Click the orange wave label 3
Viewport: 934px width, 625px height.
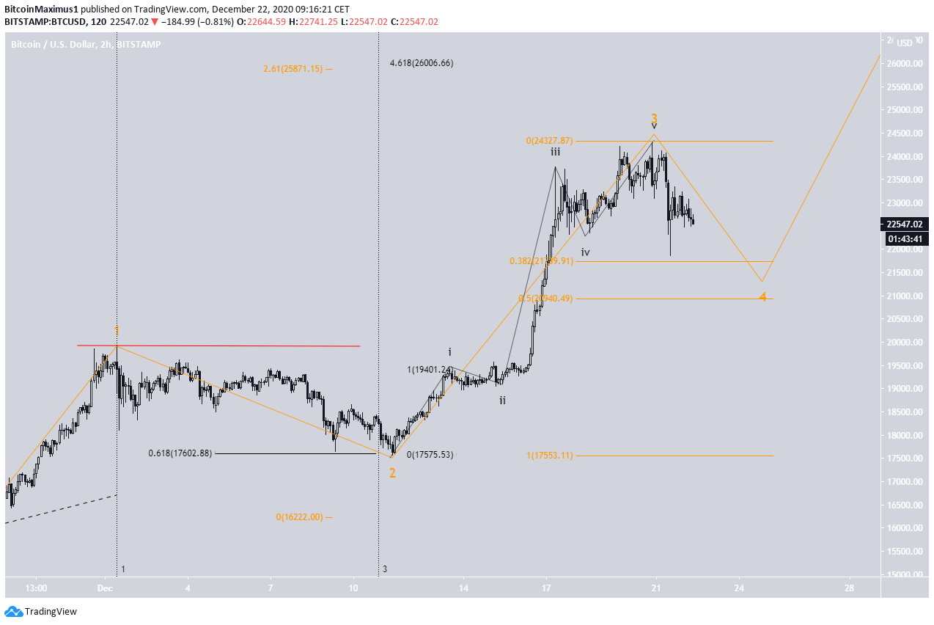pyautogui.click(x=654, y=118)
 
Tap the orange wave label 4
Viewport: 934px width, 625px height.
pyautogui.click(x=762, y=297)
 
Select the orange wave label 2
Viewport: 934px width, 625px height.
pyautogui.click(x=392, y=473)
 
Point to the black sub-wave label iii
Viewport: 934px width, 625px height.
pyautogui.click(x=556, y=152)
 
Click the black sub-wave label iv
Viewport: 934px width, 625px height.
pyautogui.click(x=586, y=252)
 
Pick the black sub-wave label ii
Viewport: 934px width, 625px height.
pyautogui.click(x=502, y=401)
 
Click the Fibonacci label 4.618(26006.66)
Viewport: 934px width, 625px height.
pyautogui.click(x=422, y=63)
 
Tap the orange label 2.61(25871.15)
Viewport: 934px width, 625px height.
pyautogui.click(x=293, y=69)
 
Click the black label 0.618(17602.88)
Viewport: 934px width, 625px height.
pyautogui.click(x=180, y=453)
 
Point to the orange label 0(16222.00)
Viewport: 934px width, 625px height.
pyautogui.click(x=299, y=517)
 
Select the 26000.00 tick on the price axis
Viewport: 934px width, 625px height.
pyautogui.click(x=903, y=64)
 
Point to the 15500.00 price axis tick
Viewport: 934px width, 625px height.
pyautogui.click(x=903, y=552)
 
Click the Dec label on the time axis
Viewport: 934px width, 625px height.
pyautogui.click(x=106, y=588)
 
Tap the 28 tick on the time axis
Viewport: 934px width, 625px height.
pyautogui.click(x=849, y=588)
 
